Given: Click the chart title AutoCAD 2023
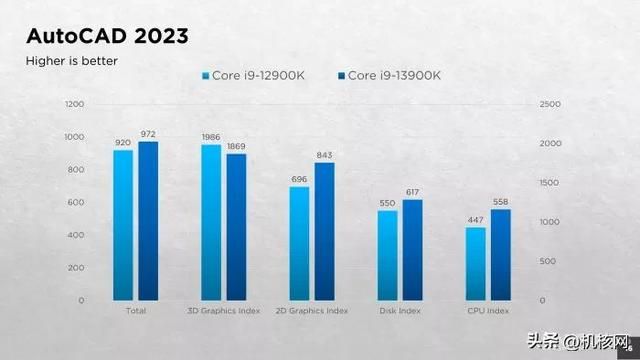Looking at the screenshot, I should click(x=106, y=37).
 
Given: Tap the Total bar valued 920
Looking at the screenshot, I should click(x=123, y=224).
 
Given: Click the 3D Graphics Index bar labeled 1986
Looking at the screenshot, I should click(x=211, y=222).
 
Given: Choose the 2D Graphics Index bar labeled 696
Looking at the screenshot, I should click(x=299, y=243).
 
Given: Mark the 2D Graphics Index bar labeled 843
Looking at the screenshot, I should click(x=324, y=231).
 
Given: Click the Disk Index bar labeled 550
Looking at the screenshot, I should click(x=387, y=255).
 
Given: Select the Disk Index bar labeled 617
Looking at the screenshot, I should click(x=412, y=249).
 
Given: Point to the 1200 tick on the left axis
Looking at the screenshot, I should click(x=74, y=104).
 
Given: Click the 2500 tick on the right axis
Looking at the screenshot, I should click(x=550, y=104).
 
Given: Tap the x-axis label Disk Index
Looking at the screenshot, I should click(x=400, y=311).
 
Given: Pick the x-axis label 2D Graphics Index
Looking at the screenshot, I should click(x=312, y=311).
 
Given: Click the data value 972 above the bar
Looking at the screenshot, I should click(x=148, y=134).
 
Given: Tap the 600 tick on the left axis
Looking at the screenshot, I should click(x=76, y=202).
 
